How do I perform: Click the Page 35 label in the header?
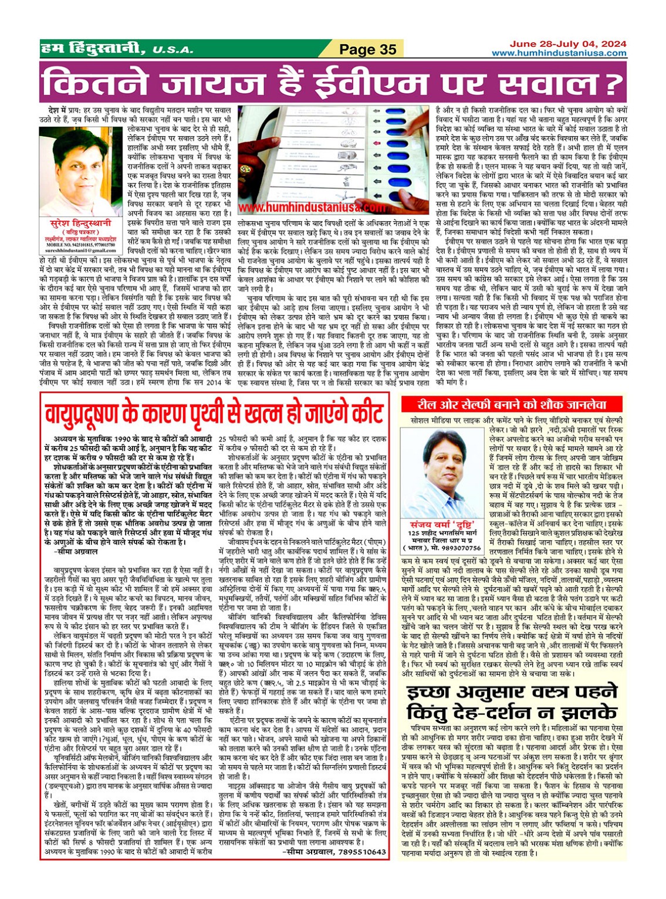[x=368, y=49]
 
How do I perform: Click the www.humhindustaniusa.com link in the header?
[x=559, y=53]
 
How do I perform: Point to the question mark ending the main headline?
[x=613, y=83]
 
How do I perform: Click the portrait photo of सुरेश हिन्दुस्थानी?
[x=76, y=172]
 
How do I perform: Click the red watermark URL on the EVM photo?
[x=312, y=208]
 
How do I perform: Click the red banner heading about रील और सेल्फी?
[x=512, y=404]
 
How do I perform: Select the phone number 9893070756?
[x=457, y=548]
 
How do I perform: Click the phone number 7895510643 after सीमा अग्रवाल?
[x=358, y=851]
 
